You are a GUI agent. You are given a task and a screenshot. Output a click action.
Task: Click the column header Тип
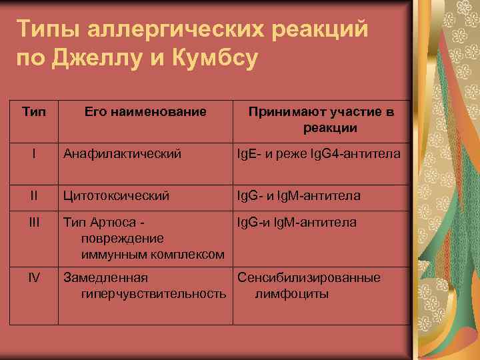[34, 112]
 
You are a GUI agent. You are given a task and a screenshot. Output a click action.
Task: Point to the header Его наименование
[145, 112]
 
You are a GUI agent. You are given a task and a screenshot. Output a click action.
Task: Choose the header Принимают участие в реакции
[321, 119]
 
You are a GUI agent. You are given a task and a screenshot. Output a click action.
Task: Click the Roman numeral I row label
[34, 154]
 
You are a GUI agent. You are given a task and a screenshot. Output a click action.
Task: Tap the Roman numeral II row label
[34, 195]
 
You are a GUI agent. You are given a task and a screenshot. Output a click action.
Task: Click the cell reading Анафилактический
[122, 155]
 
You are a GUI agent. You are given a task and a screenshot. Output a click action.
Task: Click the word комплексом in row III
[187, 254]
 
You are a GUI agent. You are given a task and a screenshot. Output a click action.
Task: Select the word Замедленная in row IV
[105, 277]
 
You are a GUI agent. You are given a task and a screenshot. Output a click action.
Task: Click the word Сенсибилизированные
[309, 277]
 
